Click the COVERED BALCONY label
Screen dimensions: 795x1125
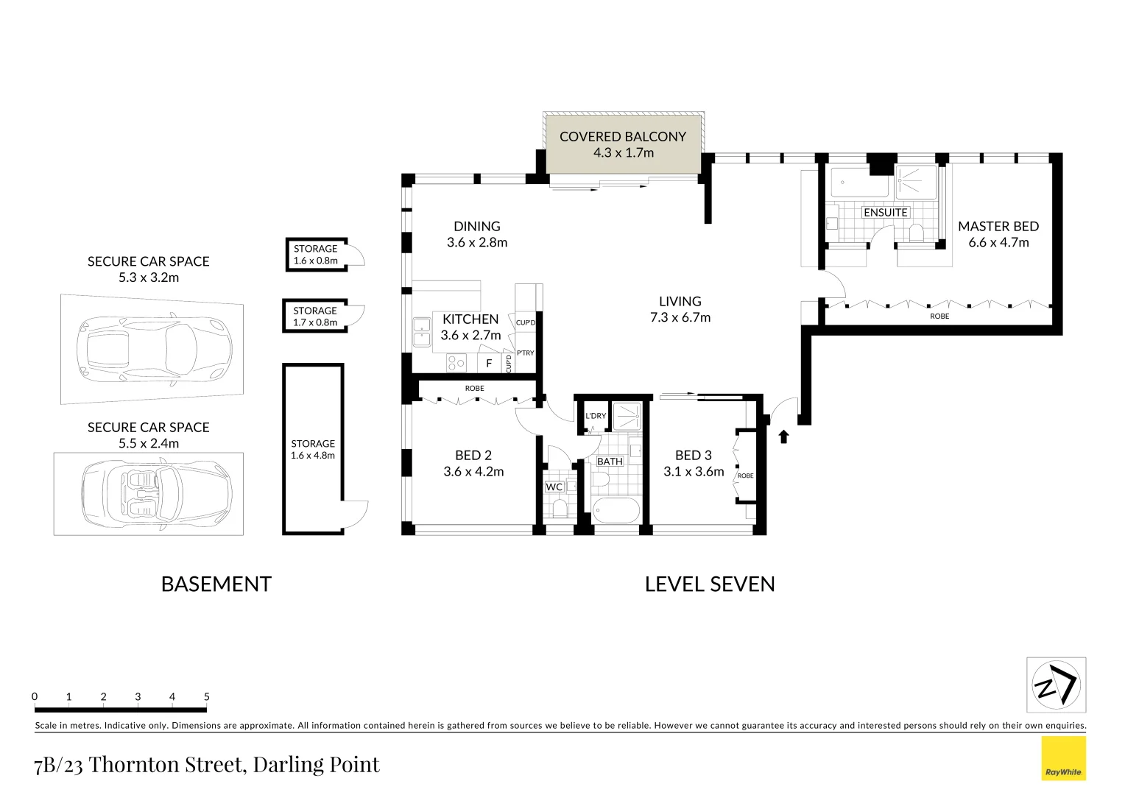point(622,137)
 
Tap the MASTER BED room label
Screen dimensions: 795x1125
point(998,227)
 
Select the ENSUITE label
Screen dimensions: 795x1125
point(885,213)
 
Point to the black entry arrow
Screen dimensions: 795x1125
point(783,437)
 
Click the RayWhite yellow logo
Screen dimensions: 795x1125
point(1063,758)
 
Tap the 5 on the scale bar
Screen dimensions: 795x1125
point(207,696)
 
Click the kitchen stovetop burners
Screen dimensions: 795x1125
point(456,363)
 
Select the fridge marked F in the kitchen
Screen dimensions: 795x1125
point(488,364)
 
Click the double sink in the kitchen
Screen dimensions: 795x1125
point(422,332)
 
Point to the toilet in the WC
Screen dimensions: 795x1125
point(560,509)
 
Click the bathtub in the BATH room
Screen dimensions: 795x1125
point(616,510)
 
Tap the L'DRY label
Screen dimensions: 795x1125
point(596,416)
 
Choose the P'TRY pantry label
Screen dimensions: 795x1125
point(525,353)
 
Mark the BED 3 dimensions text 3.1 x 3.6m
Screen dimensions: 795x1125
point(694,472)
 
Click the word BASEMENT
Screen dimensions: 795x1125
point(216,584)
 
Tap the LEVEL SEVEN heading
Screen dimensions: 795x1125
point(710,584)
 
